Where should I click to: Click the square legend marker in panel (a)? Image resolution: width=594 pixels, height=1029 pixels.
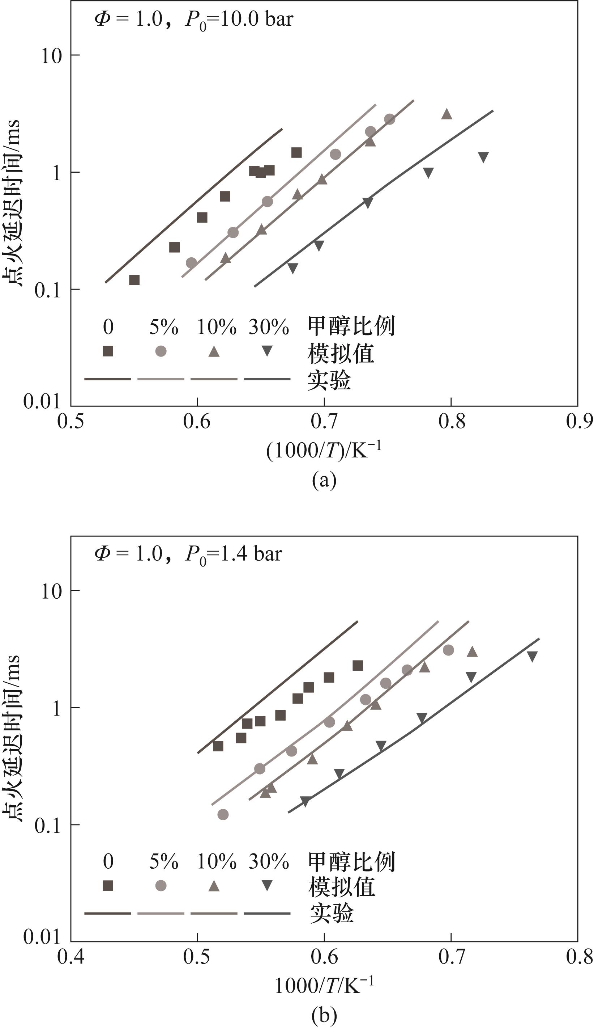(108, 351)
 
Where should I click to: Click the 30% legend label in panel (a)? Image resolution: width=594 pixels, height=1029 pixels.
(269, 327)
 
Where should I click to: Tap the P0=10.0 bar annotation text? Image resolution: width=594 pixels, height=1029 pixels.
(239, 20)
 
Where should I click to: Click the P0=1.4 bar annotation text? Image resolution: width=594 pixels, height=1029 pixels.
(233, 554)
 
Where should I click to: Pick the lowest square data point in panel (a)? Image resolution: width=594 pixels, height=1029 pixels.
(134, 280)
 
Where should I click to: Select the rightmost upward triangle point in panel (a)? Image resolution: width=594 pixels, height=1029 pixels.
(447, 114)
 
